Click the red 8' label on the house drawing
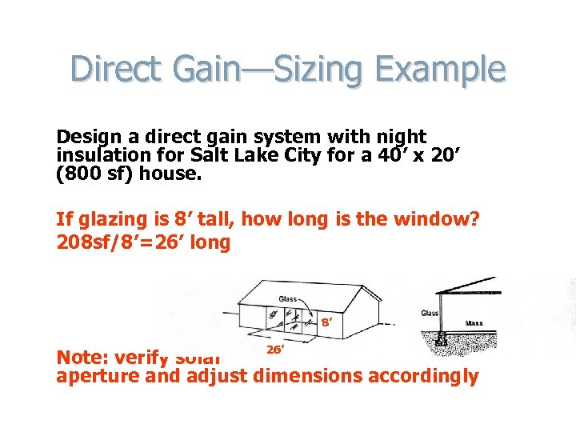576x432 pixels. pos(326,324)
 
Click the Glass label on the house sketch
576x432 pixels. pos(288,299)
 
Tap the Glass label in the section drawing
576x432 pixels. pos(430,313)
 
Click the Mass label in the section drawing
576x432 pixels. pos(474,324)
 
